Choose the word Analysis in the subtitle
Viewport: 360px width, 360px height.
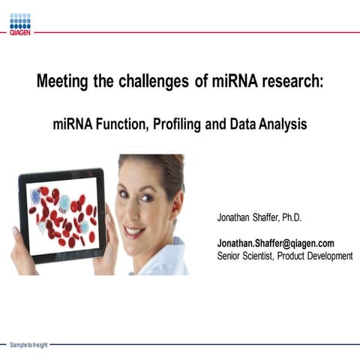pos(279,124)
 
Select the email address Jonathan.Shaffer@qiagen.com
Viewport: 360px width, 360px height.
pos(275,244)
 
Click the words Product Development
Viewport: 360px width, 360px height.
pos(317,256)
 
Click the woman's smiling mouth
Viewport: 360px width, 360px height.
pos(135,231)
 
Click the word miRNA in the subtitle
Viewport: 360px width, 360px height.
pos(73,124)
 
